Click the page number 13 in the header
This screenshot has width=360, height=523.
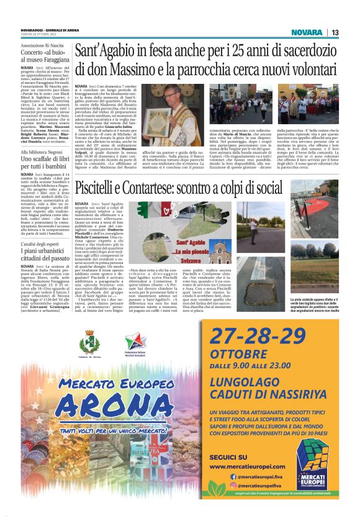tap(335, 32)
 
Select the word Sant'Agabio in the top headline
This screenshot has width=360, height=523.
tap(108, 52)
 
